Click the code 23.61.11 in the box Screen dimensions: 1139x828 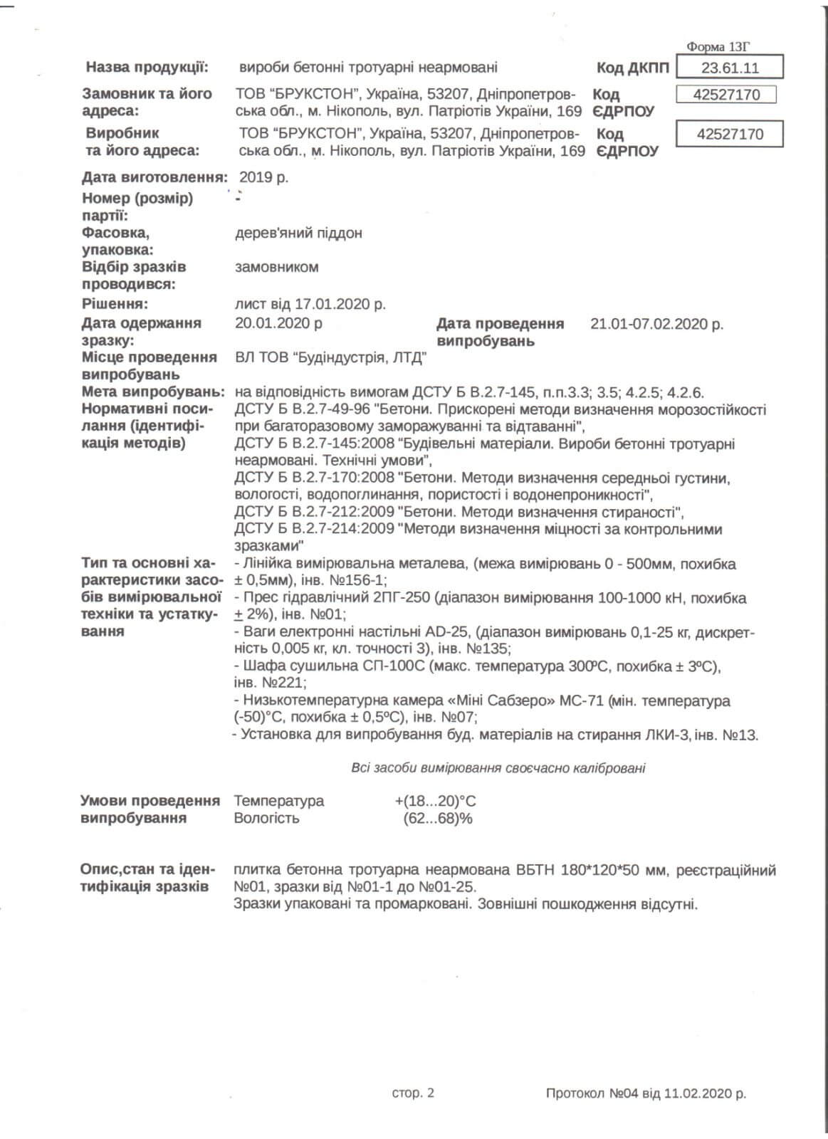point(730,68)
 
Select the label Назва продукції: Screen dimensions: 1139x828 point(147,68)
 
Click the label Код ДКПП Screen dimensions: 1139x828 point(633,68)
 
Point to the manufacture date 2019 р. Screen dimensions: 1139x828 point(263,177)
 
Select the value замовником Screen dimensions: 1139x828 point(276,268)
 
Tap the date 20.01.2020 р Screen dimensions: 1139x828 point(278,323)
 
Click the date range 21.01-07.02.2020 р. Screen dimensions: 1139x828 point(656,325)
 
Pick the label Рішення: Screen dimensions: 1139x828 point(115,305)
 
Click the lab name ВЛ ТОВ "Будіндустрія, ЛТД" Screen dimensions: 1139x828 point(330,357)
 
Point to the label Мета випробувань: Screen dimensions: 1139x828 point(153,392)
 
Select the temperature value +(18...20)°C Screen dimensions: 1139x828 point(436,801)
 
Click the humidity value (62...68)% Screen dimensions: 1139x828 point(437,818)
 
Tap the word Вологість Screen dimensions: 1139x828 point(266,818)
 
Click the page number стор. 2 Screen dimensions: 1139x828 point(413,1093)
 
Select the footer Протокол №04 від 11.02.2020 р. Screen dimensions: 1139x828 point(646,1093)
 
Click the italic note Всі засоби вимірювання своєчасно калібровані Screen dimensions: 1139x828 point(498,768)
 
